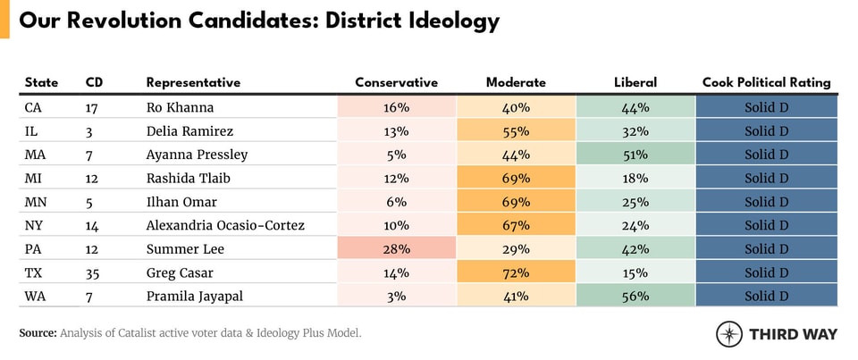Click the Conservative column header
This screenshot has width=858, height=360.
(x=396, y=82)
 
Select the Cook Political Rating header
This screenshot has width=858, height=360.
(x=766, y=82)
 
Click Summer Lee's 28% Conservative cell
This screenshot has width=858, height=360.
(x=396, y=249)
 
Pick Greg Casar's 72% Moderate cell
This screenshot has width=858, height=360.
(x=516, y=272)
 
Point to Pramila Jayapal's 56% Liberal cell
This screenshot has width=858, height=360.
(x=635, y=297)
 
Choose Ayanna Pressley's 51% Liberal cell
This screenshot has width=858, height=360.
(x=635, y=155)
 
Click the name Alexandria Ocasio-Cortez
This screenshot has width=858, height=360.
(x=225, y=225)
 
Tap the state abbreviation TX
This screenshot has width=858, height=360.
(x=35, y=272)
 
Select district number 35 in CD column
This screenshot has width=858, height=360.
(x=94, y=272)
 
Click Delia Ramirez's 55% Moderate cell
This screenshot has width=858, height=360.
(x=516, y=131)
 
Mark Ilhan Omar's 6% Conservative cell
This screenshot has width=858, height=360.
(x=396, y=202)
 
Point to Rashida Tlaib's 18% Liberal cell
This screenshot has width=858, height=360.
(x=635, y=179)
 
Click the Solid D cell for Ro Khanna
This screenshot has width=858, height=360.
(x=766, y=108)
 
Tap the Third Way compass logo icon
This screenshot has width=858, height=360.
(x=729, y=334)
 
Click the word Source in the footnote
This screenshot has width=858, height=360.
(x=38, y=333)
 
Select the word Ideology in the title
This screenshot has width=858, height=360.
(x=450, y=21)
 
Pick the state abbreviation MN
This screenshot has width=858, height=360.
(x=37, y=202)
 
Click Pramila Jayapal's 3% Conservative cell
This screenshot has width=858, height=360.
(x=396, y=297)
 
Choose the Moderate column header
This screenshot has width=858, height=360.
(x=516, y=82)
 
